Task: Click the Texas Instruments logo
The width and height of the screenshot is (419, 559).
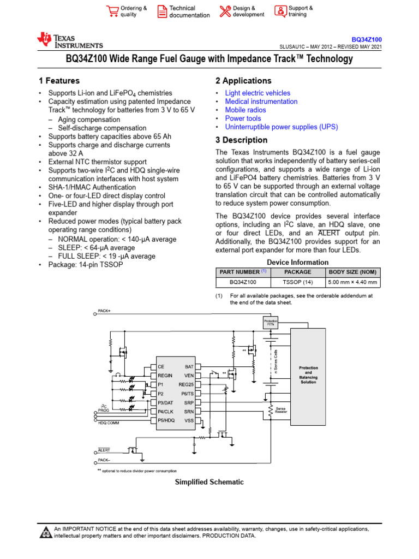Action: pos(69,40)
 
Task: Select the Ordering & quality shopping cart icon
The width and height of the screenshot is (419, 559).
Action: pos(112,11)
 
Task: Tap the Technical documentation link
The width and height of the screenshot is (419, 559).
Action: pos(189,11)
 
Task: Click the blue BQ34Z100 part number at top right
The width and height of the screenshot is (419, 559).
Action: pos(366,40)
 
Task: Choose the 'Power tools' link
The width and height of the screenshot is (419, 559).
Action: pos(243,118)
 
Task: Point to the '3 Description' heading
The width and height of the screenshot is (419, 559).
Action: pos(241,140)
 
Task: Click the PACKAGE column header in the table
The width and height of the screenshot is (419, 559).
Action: pos(298,272)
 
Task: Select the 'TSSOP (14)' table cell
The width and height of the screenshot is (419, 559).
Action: pos(298,282)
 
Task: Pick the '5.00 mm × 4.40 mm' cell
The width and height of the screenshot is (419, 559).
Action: pos(352,282)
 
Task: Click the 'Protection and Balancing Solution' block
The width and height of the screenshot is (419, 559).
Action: pos(308,374)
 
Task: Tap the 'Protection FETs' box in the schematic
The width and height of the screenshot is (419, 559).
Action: pos(271,323)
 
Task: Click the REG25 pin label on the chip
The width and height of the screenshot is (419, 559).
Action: pos(186,384)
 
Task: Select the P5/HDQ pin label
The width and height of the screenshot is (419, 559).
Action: pos(166,420)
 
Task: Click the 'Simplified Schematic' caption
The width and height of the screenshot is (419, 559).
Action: pos(209,482)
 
